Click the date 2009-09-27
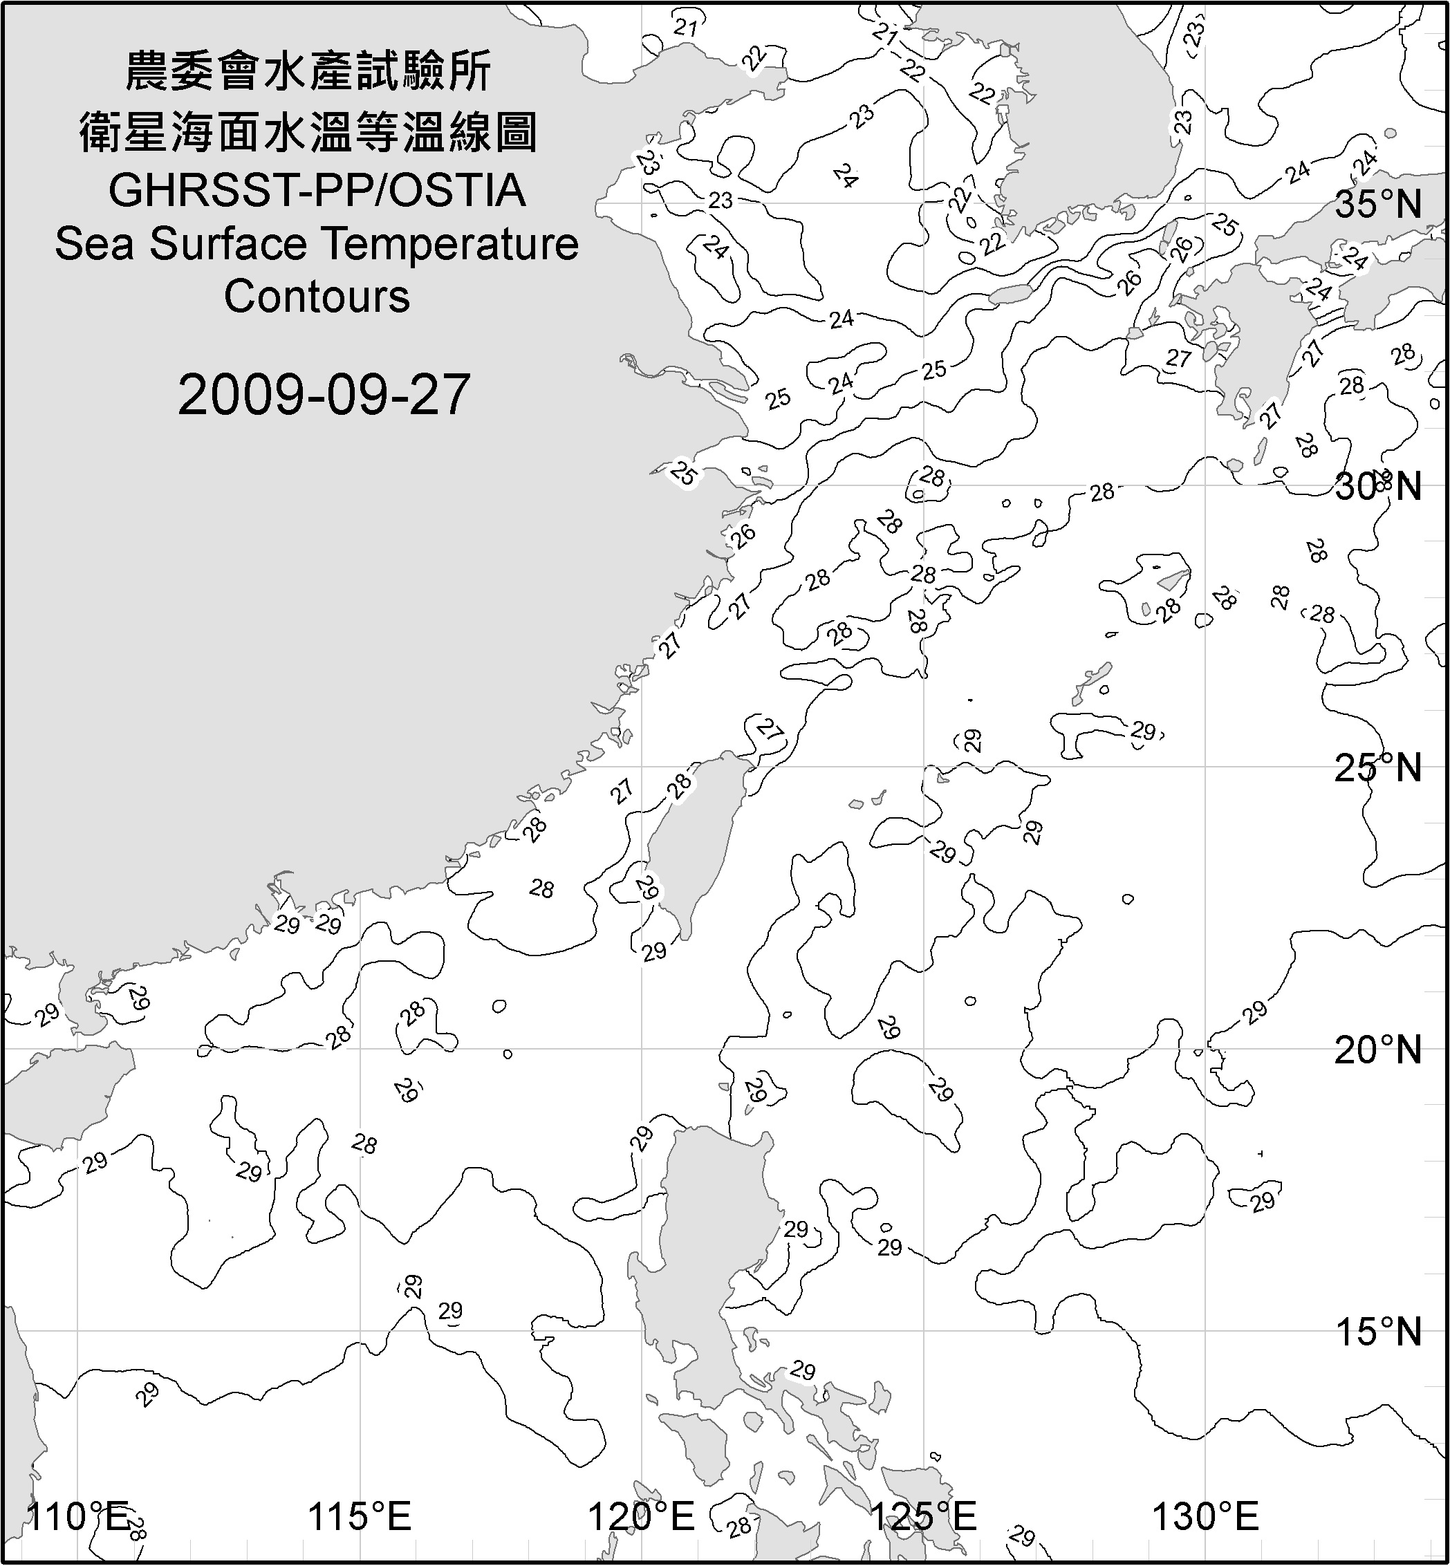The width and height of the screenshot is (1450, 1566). pyautogui.click(x=324, y=395)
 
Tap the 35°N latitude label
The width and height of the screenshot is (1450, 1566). pyautogui.click(x=1378, y=205)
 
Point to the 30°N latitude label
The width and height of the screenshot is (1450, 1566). pyautogui.click(x=1378, y=487)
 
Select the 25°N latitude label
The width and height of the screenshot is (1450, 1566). pyautogui.click(x=1378, y=768)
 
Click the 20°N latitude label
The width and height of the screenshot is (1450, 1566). pyautogui.click(x=1378, y=1050)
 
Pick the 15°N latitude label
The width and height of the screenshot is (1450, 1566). pyautogui.click(x=1378, y=1332)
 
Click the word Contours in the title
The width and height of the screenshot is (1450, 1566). pyautogui.click(x=317, y=297)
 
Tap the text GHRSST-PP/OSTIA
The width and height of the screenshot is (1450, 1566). pyautogui.click(x=317, y=191)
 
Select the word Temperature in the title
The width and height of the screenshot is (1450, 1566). pyautogui.click(x=451, y=244)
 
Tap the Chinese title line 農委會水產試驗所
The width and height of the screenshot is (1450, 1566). pyautogui.click(x=308, y=71)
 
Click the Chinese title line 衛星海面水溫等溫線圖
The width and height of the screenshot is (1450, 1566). pyautogui.click(x=308, y=131)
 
